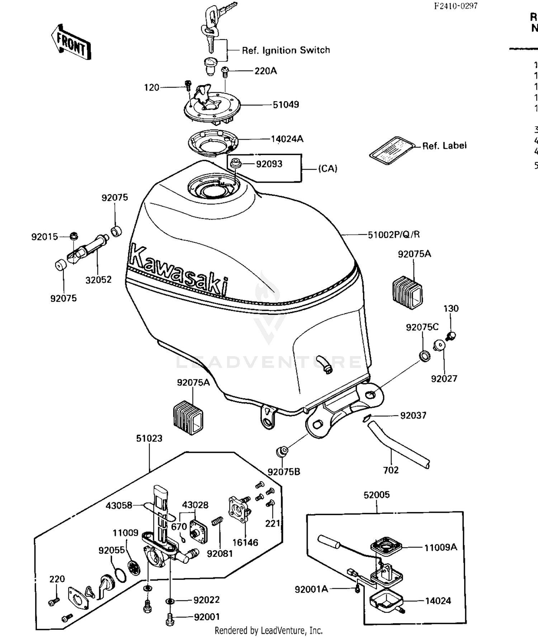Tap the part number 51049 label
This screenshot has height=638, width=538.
[x=285, y=105]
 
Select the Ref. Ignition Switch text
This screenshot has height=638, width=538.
[x=286, y=50]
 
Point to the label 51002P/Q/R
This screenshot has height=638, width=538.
[x=394, y=235]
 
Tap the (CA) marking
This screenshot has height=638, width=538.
[x=328, y=169]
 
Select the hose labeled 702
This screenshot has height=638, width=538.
[x=398, y=445]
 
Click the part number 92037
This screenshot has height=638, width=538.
[x=413, y=416]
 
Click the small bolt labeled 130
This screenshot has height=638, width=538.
[x=451, y=336]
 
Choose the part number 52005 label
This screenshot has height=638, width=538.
[x=376, y=495]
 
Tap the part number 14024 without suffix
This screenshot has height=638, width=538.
[x=438, y=601]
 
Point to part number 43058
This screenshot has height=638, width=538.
[x=119, y=506]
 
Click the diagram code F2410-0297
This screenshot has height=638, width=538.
[x=456, y=6]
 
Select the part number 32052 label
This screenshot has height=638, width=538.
[x=98, y=280]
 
